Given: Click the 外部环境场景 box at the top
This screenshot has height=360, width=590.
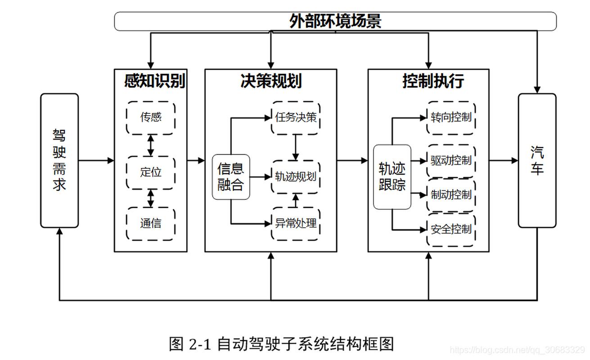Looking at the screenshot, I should click(x=335, y=21).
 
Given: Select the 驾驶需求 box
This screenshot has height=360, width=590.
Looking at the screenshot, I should click(x=59, y=160).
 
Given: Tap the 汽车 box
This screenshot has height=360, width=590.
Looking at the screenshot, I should click(x=537, y=160).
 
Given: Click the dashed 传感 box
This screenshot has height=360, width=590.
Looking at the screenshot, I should click(x=151, y=117).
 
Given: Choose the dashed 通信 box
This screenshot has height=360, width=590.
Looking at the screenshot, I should click(x=151, y=224).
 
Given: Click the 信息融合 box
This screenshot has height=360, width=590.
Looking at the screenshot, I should click(x=230, y=177).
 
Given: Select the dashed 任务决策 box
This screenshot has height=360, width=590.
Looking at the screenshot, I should click(x=296, y=117).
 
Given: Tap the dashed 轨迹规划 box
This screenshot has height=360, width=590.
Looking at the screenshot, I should click(x=296, y=177).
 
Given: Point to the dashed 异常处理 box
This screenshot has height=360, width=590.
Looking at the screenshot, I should click(x=296, y=224).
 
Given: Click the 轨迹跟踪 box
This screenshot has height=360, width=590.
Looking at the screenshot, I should click(x=392, y=177).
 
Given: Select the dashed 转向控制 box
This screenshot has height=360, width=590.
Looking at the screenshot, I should click(x=451, y=117).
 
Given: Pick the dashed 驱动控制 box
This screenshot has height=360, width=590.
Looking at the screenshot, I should click(x=451, y=161).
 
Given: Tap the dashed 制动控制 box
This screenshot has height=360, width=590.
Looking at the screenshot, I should click(x=451, y=195).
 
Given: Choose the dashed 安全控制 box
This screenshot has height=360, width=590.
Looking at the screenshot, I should click(x=451, y=229).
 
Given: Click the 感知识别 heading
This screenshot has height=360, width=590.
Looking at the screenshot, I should click(x=154, y=81).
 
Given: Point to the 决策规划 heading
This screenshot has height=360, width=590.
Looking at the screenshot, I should click(x=271, y=81).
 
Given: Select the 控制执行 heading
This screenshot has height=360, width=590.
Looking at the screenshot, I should click(x=433, y=81).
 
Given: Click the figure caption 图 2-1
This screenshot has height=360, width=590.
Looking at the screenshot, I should click(x=281, y=344).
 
